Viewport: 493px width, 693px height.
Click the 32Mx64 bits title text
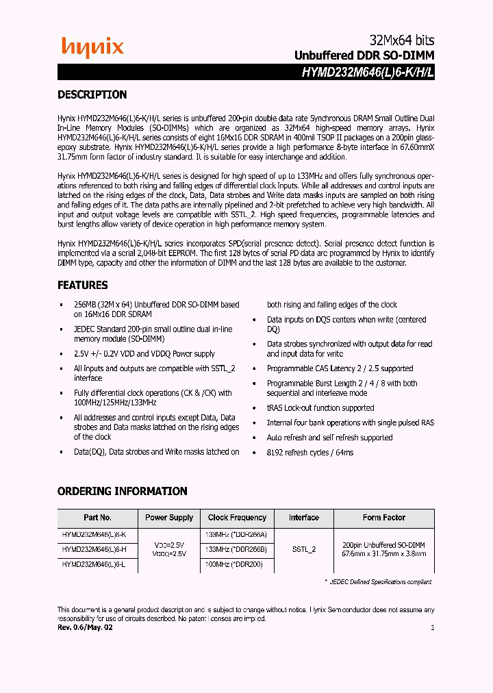[x=397, y=40]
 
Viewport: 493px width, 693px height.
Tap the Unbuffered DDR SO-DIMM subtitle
[x=364, y=55]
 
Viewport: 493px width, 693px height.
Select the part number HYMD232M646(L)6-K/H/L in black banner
[x=367, y=72]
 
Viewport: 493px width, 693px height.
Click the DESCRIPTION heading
[x=92, y=95]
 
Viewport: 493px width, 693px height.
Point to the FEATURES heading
[x=82, y=285]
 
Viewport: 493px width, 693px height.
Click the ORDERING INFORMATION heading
[x=122, y=491]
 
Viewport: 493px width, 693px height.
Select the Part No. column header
[x=97, y=518]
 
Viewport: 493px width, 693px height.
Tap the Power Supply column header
[x=169, y=518]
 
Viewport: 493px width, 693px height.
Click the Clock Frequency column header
[x=237, y=518]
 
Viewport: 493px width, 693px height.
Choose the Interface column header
[x=303, y=518]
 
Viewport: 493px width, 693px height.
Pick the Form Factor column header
[x=383, y=518]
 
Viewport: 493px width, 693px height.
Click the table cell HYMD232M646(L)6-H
[x=94, y=549]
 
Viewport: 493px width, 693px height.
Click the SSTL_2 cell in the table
[x=303, y=549]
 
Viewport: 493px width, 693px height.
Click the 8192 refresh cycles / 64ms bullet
[x=309, y=453]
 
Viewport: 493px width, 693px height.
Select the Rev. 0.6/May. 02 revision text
[x=85, y=627]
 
